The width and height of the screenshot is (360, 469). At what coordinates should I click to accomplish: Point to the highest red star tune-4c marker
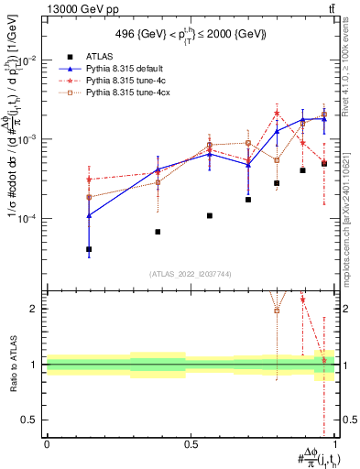(277, 114)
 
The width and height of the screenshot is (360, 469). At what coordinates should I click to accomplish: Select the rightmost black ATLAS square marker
(324, 164)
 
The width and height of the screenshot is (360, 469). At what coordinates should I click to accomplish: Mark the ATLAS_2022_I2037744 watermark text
(191, 274)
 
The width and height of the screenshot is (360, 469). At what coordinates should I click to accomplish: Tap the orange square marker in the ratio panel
(277, 311)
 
